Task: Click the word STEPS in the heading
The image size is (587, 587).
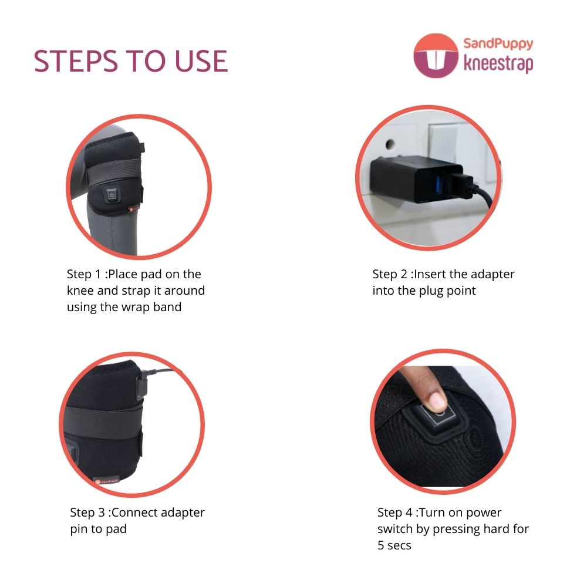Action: coord(76,61)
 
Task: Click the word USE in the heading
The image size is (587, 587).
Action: coord(201,61)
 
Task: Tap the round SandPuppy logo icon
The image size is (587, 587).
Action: coord(436,56)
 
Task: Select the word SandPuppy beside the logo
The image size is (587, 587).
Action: coord(498,44)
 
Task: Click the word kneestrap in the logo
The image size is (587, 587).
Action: coord(498,63)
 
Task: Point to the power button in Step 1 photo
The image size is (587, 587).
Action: coord(112,195)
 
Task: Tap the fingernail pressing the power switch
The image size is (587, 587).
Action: coord(437,402)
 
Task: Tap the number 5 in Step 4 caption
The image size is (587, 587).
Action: coord(381,545)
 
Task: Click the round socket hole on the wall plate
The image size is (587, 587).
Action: coord(390,144)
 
